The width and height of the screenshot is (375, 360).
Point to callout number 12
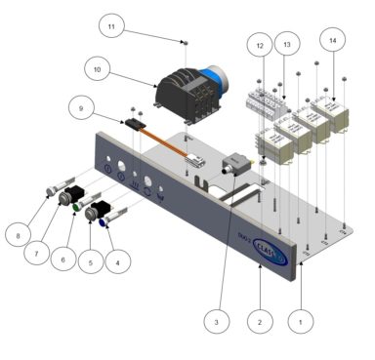258,46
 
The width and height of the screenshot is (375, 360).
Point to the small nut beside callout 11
185,42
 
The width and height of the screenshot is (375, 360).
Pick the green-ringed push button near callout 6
76,207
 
